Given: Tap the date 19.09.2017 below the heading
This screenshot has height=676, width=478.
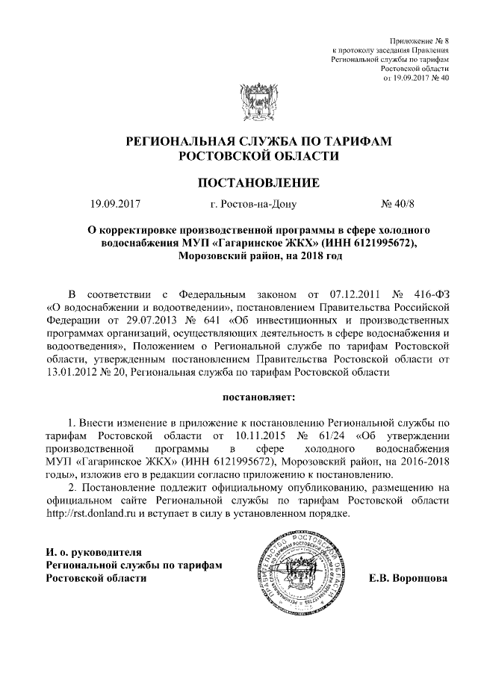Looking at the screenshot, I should (115, 203).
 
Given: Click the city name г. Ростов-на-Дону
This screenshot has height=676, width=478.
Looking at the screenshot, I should (253, 203).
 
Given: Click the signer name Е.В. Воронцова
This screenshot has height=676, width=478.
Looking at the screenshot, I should (408, 578).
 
